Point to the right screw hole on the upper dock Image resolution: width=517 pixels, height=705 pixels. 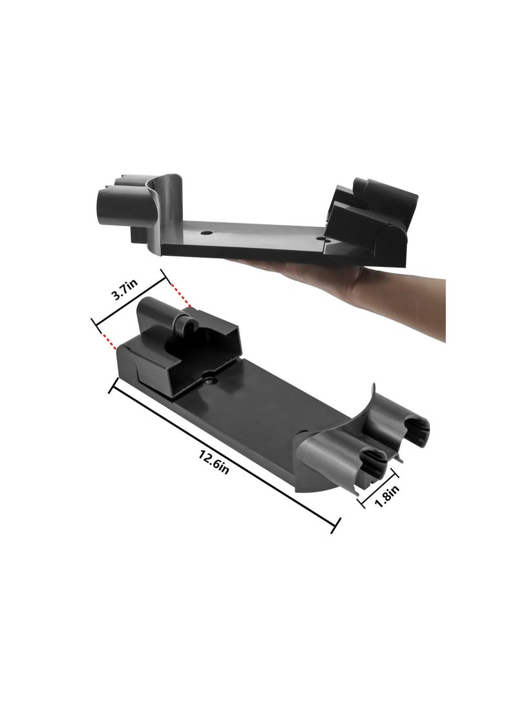click(x=324, y=239)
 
